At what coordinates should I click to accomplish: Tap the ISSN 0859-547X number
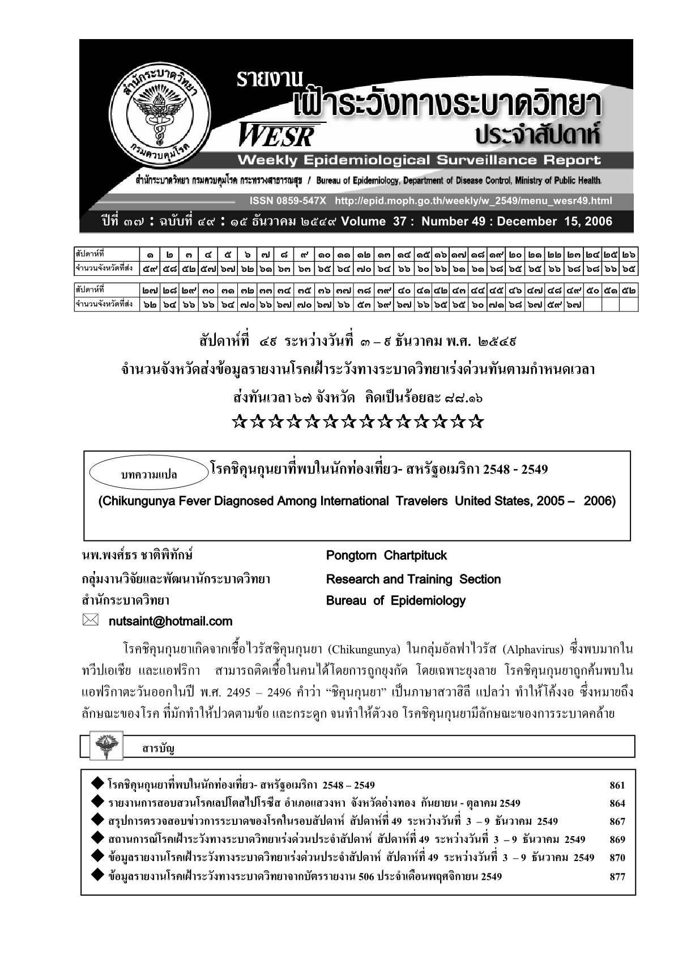pos(288,201)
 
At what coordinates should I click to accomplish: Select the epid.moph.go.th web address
pos(473,201)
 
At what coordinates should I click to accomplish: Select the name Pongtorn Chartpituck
pos(386,555)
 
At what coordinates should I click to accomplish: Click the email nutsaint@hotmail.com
pos(170,621)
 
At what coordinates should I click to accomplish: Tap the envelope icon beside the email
pos(91,621)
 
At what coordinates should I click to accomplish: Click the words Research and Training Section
pos(413,579)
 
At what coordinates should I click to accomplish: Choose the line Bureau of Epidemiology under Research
pos(395,600)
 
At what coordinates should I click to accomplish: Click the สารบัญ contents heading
pos(158,749)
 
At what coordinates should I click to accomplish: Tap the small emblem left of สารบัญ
pos(103,746)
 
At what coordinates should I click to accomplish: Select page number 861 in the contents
pos(617,785)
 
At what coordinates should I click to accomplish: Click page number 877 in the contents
pos(617,876)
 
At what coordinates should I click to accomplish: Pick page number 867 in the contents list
pos(617,821)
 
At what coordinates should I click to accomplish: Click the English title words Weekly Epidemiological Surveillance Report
pos(419,160)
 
